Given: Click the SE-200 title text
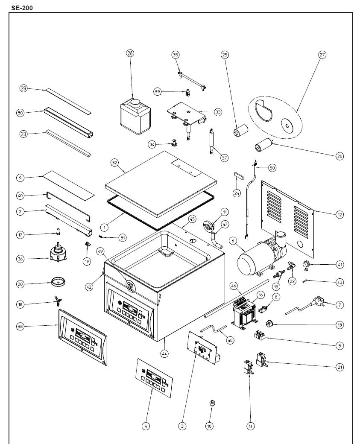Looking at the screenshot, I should tap(22, 7).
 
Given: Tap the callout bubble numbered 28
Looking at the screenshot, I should tap(130, 53).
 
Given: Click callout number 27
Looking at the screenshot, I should tap(322, 55).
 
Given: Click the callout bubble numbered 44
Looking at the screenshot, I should tap(164, 353).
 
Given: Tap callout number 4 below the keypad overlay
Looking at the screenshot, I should tap(146, 426).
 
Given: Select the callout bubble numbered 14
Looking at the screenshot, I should tap(251, 426).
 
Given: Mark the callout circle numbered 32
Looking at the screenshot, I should tap(114, 163).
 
